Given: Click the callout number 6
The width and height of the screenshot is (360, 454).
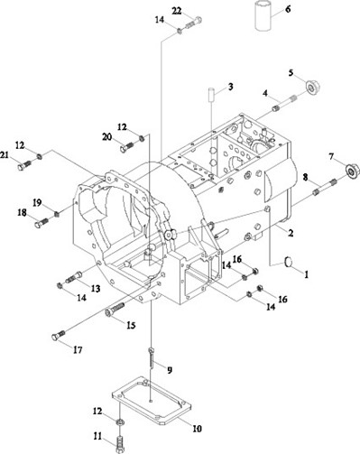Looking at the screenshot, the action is pos(288,9).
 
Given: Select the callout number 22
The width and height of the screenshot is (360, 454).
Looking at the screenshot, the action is pos(177,11).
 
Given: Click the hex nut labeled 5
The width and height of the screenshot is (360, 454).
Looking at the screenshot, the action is pos(312,88).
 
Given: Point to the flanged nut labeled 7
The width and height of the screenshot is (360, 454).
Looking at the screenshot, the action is pos(352,171).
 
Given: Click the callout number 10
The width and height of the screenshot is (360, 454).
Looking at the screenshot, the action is pos(197,428).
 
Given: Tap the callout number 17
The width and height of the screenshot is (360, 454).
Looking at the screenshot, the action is pos(78,349).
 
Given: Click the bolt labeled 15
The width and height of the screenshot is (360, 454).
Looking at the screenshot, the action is pos(115,310).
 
